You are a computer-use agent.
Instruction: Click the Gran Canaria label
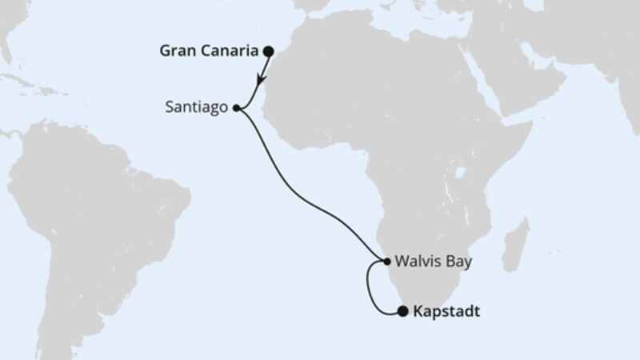(x=211, y=52)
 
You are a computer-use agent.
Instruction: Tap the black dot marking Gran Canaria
(x=269, y=52)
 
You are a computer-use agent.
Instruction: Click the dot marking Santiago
(x=236, y=106)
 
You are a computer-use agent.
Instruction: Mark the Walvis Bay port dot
(x=386, y=262)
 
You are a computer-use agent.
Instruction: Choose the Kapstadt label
(x=447, y=312)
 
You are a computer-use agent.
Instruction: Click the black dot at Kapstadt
(x=403, y=312)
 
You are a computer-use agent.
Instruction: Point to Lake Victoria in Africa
(x=460, y=173)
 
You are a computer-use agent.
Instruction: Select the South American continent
(x=96, y=208)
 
